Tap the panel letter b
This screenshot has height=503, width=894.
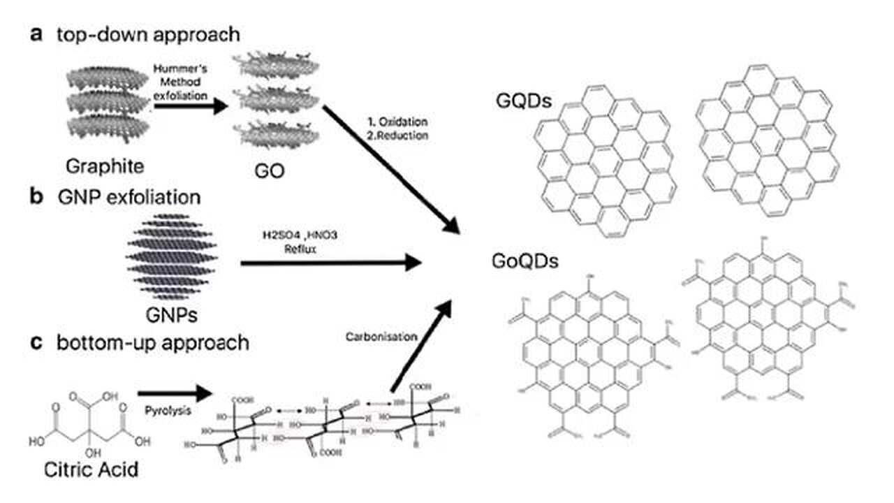tap(37, 196)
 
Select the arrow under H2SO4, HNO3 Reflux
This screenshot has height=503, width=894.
tap(332, 263)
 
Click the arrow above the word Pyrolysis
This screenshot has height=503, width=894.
tap(175, 392)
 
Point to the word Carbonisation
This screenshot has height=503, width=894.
tap(381, 336)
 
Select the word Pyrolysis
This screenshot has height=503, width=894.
tap(167, 411)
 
